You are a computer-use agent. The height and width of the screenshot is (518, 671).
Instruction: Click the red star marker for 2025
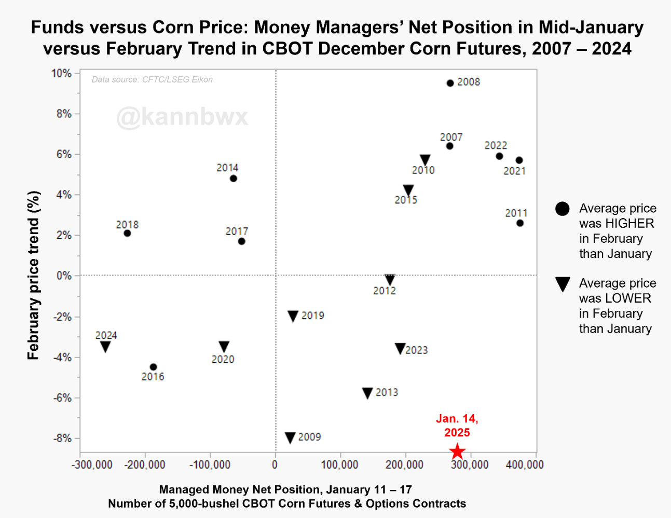tap(457, 452)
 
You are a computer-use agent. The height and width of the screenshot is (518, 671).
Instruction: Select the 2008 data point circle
tap(450, 83)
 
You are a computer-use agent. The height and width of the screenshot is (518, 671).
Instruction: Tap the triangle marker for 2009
tap(291, 438)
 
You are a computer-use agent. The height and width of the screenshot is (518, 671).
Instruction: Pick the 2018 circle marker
tap(127, 233)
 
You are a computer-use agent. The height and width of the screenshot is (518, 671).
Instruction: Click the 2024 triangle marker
tap(105, 347)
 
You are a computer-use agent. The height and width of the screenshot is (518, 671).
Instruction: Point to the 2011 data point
tap(520, 223)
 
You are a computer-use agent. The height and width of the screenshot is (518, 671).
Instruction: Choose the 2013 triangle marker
tap(367, 393)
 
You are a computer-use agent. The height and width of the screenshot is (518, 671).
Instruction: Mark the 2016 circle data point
tap(153, 367)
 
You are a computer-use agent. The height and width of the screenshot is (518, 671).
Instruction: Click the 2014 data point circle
tap(234, 179)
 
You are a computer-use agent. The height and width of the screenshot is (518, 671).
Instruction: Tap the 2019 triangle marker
tap(293, 316)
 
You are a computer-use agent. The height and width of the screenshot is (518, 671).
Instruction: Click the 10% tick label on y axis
tap(61, 73)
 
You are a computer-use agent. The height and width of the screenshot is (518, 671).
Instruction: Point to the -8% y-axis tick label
tap(62, 439)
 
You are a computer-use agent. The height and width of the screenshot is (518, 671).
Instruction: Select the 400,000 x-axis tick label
tap(525, 464)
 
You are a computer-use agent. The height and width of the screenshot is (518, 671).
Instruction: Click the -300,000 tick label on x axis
tap(92, 464)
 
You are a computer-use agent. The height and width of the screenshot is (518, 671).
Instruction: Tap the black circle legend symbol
tap(563, 209)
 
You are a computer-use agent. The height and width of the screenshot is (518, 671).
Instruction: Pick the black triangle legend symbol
tap(563, 284)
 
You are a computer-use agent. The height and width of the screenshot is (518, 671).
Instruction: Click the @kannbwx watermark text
tap(182, 117)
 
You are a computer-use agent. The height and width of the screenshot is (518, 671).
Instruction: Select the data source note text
tap(152, 79)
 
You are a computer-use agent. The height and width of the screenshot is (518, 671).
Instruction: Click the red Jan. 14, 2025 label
tap(457, 426)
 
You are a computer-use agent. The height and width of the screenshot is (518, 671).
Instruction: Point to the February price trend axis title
tap(33, 275)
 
